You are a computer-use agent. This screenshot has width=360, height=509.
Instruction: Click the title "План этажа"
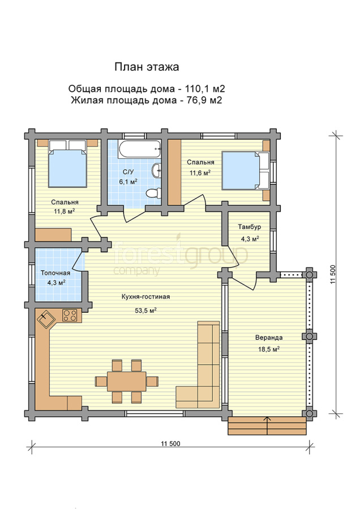[147, 67]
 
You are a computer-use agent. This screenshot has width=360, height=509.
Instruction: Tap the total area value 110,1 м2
[205, 89]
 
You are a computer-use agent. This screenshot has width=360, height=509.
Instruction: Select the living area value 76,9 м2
[204, 100]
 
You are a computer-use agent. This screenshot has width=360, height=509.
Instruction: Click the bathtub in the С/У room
[140, 149]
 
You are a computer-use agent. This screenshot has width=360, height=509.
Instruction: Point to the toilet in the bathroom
[153, 193]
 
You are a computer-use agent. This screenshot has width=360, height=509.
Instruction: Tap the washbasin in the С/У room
[157, 170]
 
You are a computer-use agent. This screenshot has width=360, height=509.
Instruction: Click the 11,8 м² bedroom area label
[65, 212]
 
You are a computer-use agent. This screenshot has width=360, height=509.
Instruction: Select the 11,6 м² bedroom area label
[200, 172]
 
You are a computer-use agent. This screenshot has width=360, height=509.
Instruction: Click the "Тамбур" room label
[249, 227]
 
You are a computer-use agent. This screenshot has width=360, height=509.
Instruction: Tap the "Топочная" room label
[55, 273]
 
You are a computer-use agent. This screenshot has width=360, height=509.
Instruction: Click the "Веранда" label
[269, 338]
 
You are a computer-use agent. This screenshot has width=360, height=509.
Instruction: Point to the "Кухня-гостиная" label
[145, 296]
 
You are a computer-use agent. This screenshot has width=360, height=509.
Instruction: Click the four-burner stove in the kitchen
[70, 315]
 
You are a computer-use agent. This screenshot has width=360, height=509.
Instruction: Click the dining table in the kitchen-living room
[127, 381]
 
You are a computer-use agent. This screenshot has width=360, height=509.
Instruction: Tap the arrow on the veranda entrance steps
[267, 425]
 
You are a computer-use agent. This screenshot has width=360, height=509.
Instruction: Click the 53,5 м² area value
[146, 310]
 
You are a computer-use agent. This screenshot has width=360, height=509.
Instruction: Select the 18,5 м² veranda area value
[269, 350]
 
